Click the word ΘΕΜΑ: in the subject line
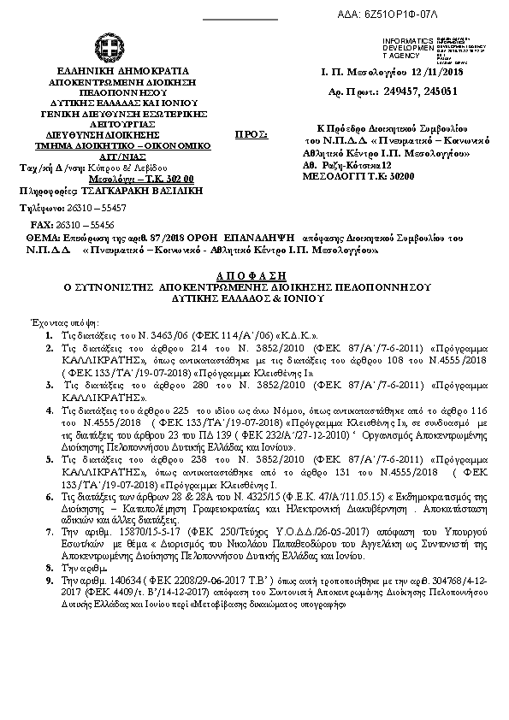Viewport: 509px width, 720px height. pos(42,233)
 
